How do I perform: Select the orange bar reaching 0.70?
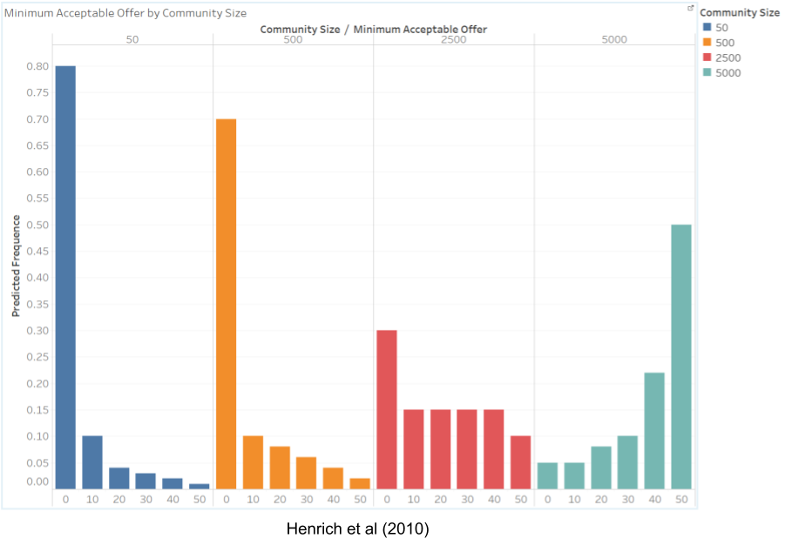(x=226, y=304)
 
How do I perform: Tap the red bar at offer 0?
(x=386, y=409)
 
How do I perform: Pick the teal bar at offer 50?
(x=680, y=357)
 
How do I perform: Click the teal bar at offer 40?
(x=653, y=430)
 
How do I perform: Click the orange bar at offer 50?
(x=360, y=483)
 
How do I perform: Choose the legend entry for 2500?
(x=728, y=57)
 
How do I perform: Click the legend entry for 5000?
(x=728, y=73)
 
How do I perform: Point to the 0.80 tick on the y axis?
(x=37, y=66)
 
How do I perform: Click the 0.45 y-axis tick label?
(x=37, y=252)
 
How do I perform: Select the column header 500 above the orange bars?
(x=293, y=40)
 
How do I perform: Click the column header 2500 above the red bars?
(x=453, y=40)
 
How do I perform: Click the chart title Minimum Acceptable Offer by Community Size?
(x=125, y=13)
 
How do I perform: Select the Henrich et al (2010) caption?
(x=357, y=528)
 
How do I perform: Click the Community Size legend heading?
(x=740, y=12)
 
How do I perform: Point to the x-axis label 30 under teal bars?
(x=627, y=499)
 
